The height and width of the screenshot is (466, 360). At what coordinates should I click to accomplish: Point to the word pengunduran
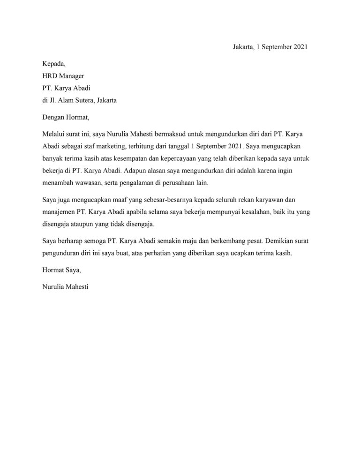tap(62, 253)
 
